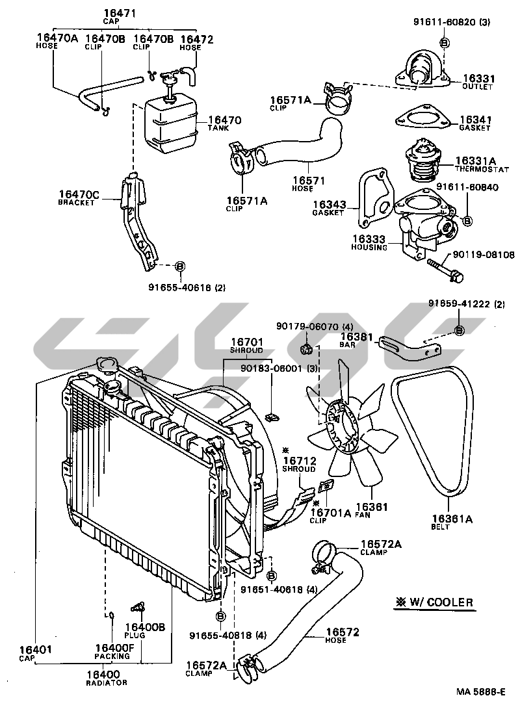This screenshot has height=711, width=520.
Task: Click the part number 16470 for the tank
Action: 225,120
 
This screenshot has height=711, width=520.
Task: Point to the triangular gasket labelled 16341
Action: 422,118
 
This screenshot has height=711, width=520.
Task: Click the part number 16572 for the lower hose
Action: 343,632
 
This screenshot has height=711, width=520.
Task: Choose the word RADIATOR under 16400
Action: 107,682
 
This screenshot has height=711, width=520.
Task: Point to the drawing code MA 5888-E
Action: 481,692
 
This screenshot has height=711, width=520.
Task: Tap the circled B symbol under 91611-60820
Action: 445,43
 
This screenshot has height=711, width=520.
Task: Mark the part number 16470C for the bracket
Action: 79,195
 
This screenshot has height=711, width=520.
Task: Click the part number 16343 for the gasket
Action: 329,205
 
